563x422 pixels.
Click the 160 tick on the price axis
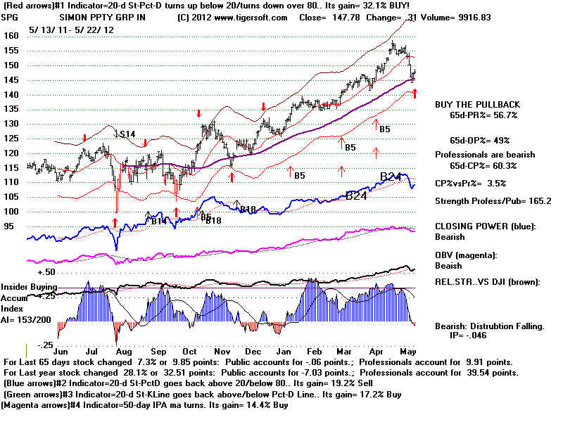[x=10, y=35]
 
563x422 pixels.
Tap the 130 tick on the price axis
[x=10, y=124]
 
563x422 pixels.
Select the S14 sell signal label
[x=126, y=134]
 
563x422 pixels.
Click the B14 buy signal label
[x=160, y=221]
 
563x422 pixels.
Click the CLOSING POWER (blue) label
[x=486, y=226]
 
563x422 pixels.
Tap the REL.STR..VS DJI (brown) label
[x=495, y=282]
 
